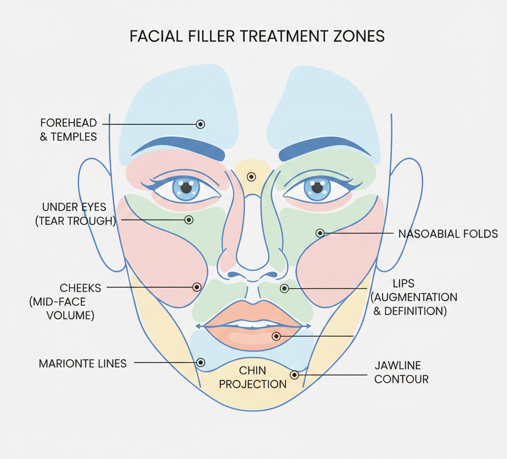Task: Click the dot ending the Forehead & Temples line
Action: tap(200, 124)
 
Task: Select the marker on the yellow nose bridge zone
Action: tap(252, 176)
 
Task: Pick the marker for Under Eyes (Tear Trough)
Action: tap(189, 219)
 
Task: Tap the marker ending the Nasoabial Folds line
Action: tap(320, 233)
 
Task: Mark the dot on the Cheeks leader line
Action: tap(197, 287)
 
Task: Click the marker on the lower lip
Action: tap(276, 336)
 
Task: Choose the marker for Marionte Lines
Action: tap(201, 362)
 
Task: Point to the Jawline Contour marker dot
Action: tap(295, 375)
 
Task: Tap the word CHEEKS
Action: tap(80, 288)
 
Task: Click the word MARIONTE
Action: tap(63, 363)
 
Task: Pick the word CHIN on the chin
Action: tap(253, 370)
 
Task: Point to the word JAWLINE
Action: tap(398, 366)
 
